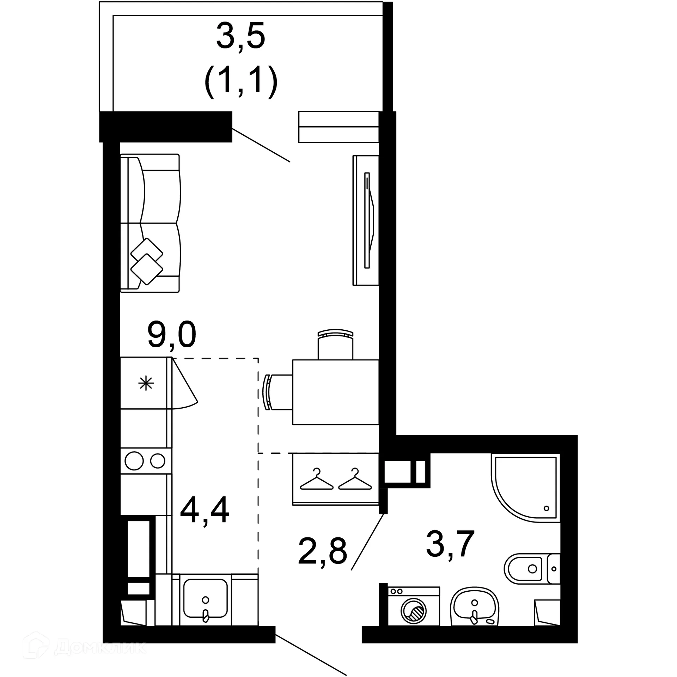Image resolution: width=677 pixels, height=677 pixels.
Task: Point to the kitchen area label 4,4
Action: pos(205,510)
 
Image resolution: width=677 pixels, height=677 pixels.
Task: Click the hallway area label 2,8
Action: pos(322,551)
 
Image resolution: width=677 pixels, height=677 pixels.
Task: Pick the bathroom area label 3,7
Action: pos(450,544)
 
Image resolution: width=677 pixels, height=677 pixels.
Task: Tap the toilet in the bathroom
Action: pos(531,569)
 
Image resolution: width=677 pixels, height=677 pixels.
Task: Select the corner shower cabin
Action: pos(525,488)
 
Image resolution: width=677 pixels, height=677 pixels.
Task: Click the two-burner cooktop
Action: pos(146,461)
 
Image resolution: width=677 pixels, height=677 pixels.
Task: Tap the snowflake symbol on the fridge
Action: pos(146,383)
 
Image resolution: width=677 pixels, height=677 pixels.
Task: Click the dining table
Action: pos(335,392)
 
